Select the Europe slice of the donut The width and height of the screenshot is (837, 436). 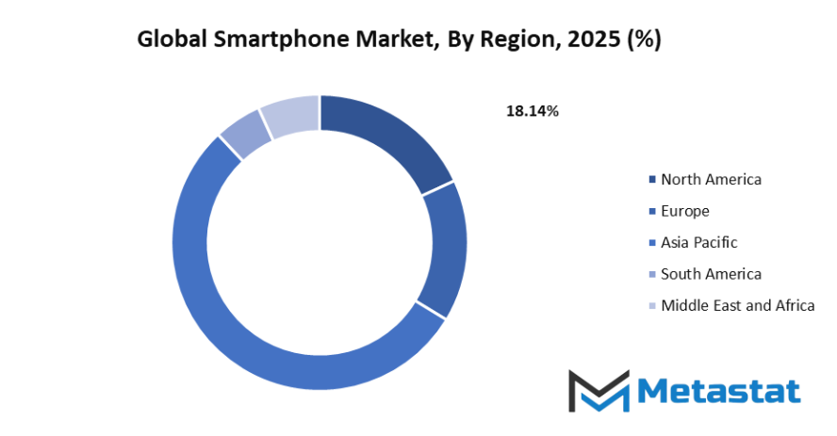click(x=444, y=248)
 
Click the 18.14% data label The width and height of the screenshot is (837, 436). click(x=533, y=111)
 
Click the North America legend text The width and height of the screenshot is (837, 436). click(x=711, y=179)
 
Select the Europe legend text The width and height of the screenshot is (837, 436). click(x=685, y=211)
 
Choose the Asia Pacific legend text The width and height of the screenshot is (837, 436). click(x=699, y=242)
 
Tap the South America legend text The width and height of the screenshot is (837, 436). click(x=711, y=274)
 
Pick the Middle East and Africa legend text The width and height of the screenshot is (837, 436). click(x=737, y=305)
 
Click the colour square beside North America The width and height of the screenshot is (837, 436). click(x=651, y=180)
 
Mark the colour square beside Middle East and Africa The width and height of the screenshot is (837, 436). click(x=651, y=306)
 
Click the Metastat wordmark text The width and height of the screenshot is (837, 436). click(x=719, y=391)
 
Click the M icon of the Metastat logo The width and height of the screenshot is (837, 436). click(x=599, y=390)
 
